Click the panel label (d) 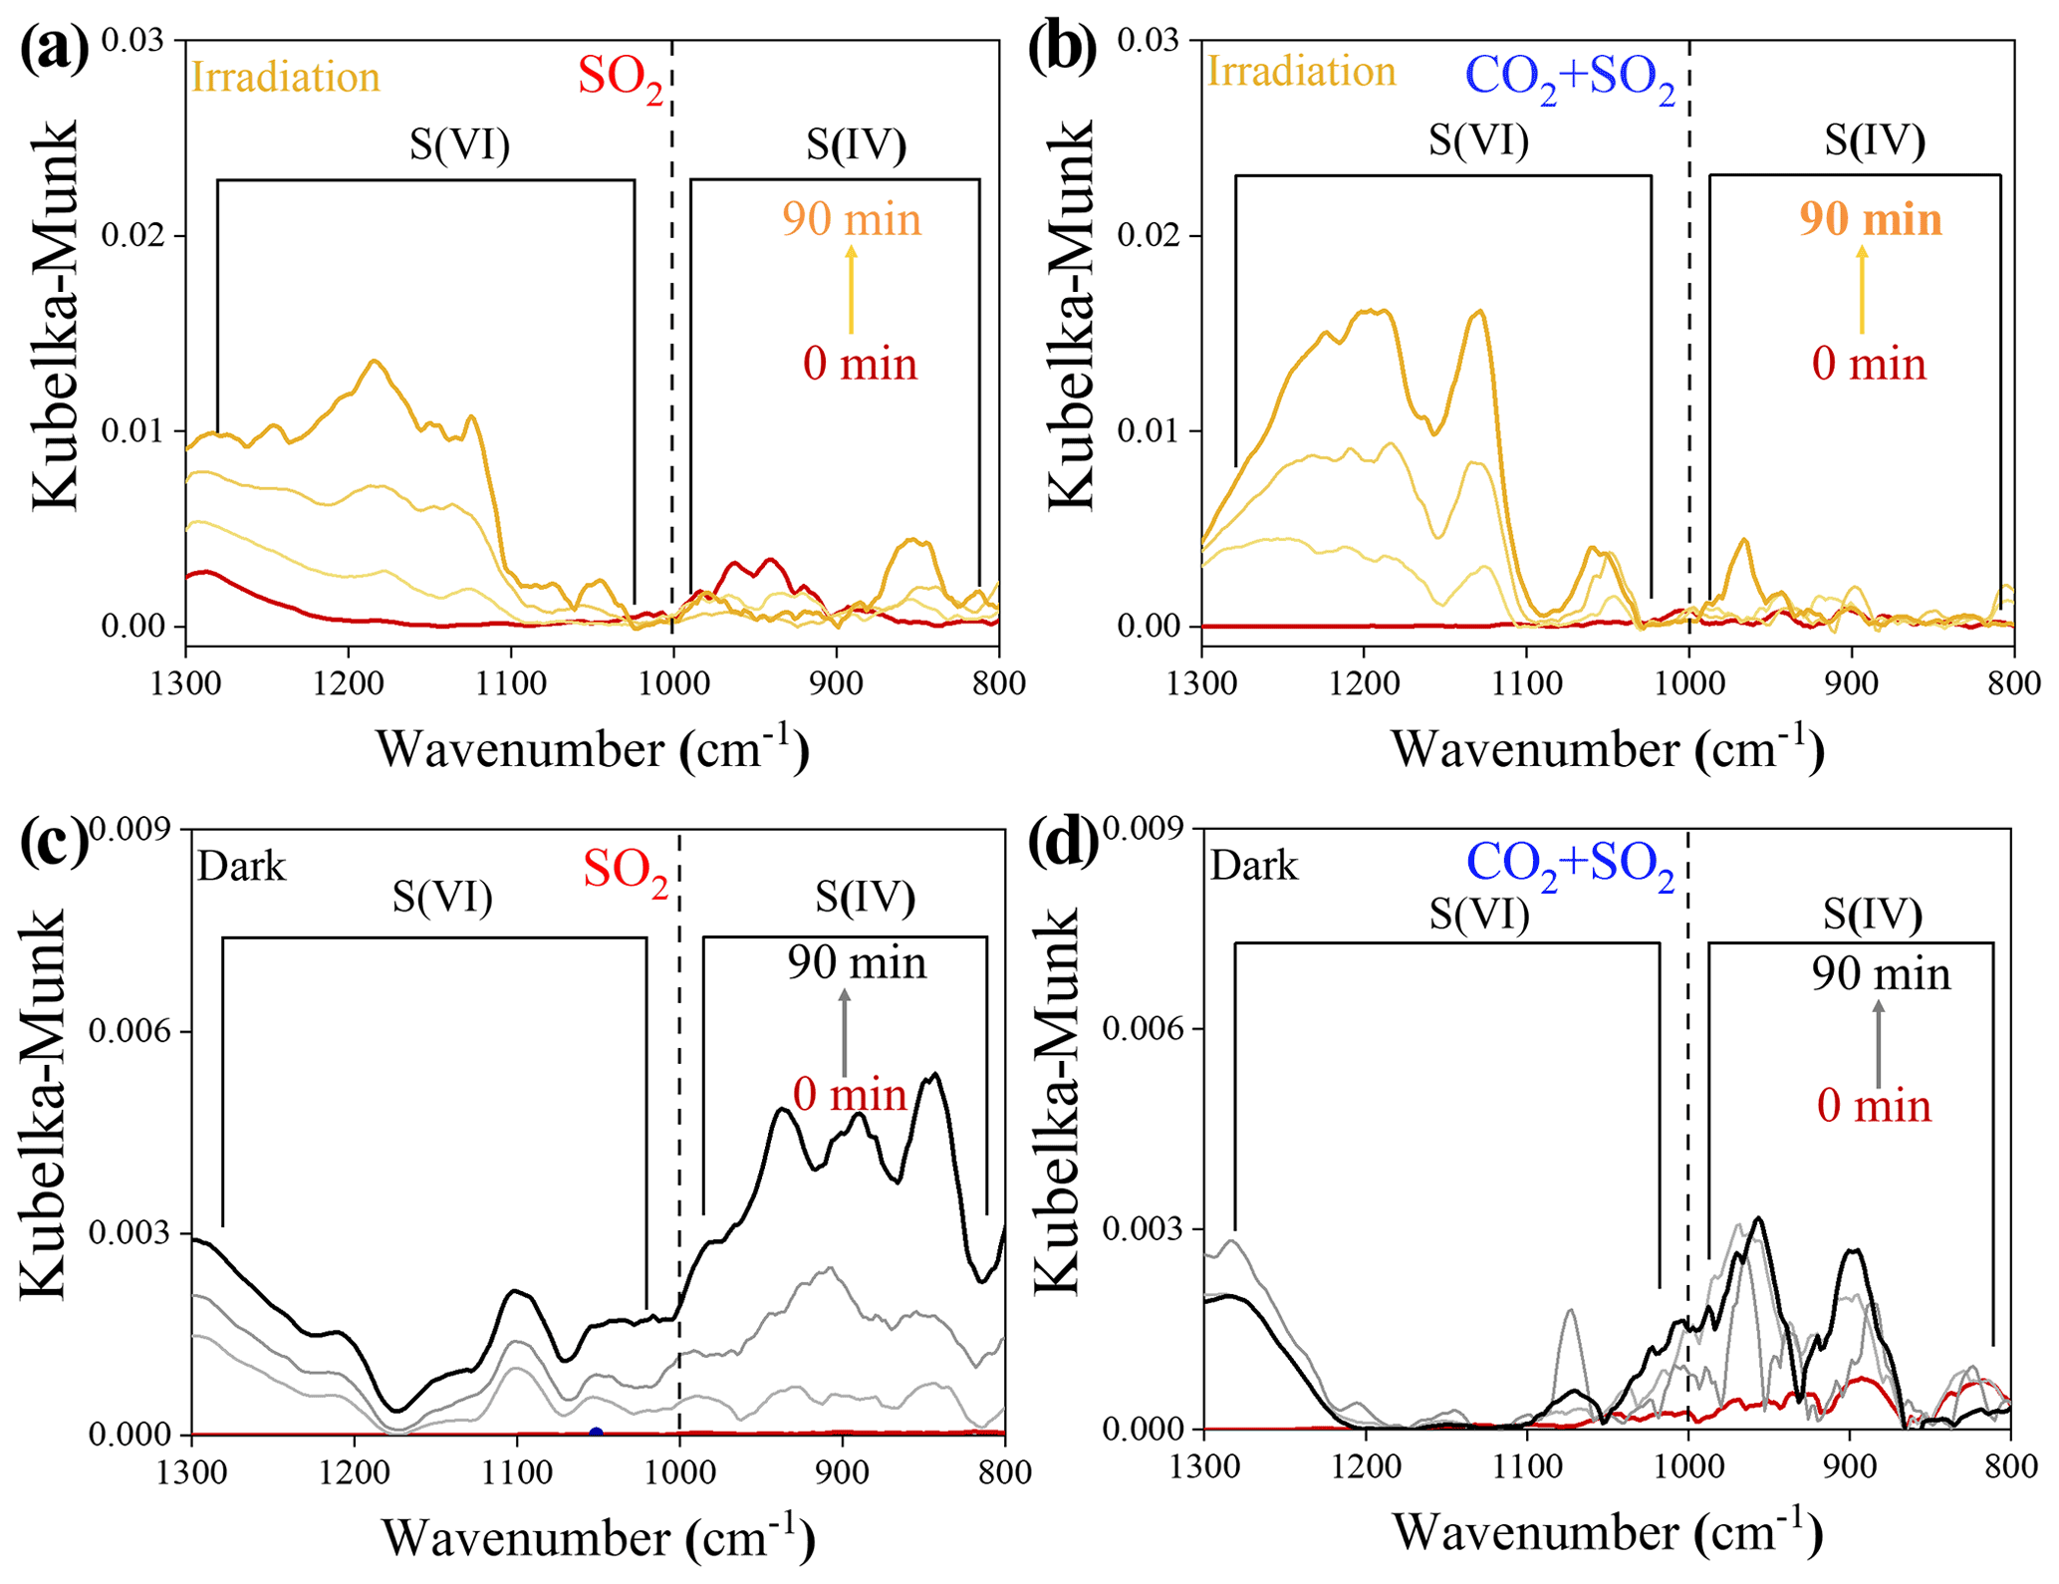click(1063, 842)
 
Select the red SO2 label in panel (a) click(620, 78)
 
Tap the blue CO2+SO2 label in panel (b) click(1570, 78)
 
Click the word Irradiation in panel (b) click(1301, 72)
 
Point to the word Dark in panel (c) click(241, 867)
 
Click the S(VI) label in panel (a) click(459, 145)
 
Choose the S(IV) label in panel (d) click(1872, 915)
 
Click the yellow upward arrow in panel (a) click(851, 289)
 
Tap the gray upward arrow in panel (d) click(1879, 1043)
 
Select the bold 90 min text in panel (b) click(1871, 220)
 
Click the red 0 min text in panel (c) click(850, 1096)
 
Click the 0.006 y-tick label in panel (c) click(130, 1032)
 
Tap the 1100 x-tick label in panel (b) click(1526, 683)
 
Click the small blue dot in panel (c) click(596, 1434)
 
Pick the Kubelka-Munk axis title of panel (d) click(1056, 1100)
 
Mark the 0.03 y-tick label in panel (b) click(1148, 41)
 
